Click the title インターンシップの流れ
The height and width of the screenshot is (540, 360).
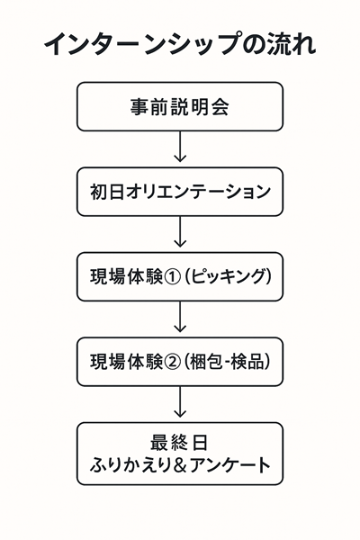[x=180, y=44]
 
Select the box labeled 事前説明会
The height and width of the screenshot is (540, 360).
[x=180, y=106]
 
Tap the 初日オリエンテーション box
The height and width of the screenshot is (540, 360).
[x=180, y=192]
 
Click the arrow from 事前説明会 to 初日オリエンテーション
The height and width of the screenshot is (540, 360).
[x=180, y=147]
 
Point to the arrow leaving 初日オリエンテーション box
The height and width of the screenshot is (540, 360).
[x=180, y=232]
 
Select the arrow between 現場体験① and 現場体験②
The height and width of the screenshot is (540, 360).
[x=180, y=317]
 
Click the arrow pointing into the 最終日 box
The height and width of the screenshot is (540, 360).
[x=180, y=402]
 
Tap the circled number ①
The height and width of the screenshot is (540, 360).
[x=172, y=277]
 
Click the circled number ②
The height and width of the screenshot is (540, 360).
[x=172, y=362]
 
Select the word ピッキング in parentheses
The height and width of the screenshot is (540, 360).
[x=228, y=276]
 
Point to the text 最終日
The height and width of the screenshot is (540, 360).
[x=179, y=443]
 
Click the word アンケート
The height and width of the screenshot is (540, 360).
[x=229, y=465]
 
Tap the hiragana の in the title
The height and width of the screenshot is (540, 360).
[x=253, y=45]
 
